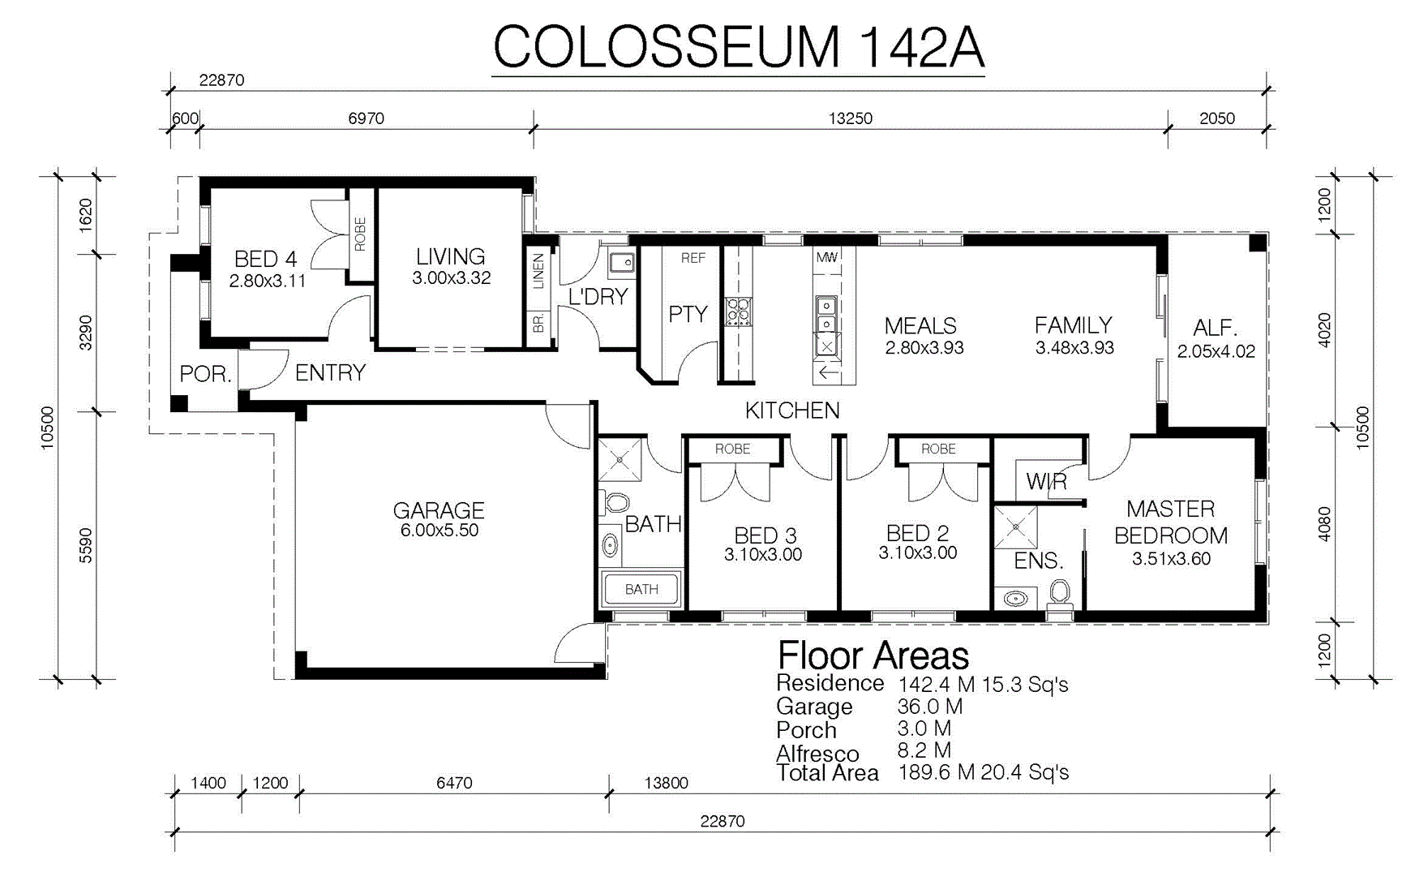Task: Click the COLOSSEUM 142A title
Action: (x=739, y=47)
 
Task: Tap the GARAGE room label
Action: (x=439, y=510)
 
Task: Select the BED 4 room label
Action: (x=265, y=259)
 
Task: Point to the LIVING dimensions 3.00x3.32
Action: (x=451, y=278)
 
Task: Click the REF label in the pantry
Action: (x=693, y=258)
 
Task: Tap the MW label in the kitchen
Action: (x=826, y=257)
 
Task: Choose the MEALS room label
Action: (x=920, y=326)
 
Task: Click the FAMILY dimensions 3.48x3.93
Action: (x=1074, y=348)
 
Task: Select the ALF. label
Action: (x=1216, y=329)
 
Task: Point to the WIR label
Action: (x=1046, y=482)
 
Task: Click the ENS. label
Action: (x=1039, y=561)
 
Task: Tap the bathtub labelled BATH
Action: (x=641, y=589)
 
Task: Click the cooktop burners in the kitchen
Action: (x=738, y=312)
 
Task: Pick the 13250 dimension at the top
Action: (x=850, y=118)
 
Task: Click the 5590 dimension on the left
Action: (x=86, y=545)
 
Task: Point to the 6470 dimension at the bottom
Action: (x=454, y=783)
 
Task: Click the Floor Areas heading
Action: (x=873, y=655)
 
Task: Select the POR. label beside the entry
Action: (x=206, y=374)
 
